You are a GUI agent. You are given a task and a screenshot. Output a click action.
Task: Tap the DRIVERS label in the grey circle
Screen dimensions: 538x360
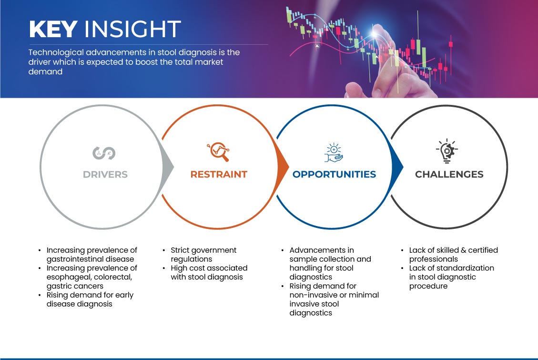(105, 175)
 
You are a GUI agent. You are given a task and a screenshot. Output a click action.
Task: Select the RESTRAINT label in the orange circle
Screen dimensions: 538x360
(219, 175)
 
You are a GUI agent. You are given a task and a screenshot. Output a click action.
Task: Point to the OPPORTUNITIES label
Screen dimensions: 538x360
(334, 175)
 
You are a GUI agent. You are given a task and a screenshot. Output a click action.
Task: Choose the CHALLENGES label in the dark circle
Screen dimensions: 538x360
(449, 175)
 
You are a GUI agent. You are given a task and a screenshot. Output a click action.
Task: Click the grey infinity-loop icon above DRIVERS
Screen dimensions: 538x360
(104, 153)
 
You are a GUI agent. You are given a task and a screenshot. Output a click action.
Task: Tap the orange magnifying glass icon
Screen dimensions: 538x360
(218, 152)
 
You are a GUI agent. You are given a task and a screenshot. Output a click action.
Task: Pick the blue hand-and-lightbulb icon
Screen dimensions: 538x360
(334, 153)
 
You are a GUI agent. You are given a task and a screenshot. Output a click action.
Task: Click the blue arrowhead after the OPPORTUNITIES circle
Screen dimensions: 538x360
(396, 167)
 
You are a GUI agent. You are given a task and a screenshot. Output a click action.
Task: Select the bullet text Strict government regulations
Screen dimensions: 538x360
(203, 255)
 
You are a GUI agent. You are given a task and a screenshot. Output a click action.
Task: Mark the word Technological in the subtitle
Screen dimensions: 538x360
(56, 52)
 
